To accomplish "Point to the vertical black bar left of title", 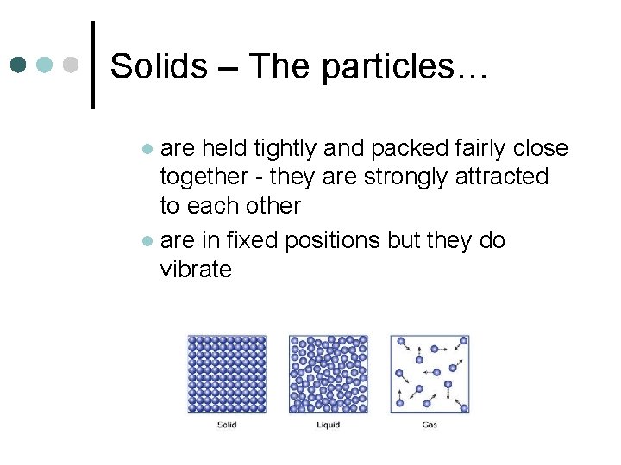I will coord(93,64).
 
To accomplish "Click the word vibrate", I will coord(196,270).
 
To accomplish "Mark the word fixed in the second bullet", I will coord(248,240).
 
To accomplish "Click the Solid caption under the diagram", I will coord(227,425).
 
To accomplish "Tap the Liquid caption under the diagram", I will coord(328,425).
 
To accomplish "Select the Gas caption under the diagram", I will coord(430,425).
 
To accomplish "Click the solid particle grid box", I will coord(227,374).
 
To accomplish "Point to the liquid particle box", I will coord(328,374).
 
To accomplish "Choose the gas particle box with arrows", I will coord(430,374).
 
